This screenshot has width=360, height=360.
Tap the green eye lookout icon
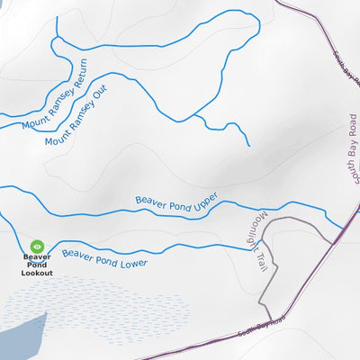37,246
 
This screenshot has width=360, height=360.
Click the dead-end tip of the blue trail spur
248,145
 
